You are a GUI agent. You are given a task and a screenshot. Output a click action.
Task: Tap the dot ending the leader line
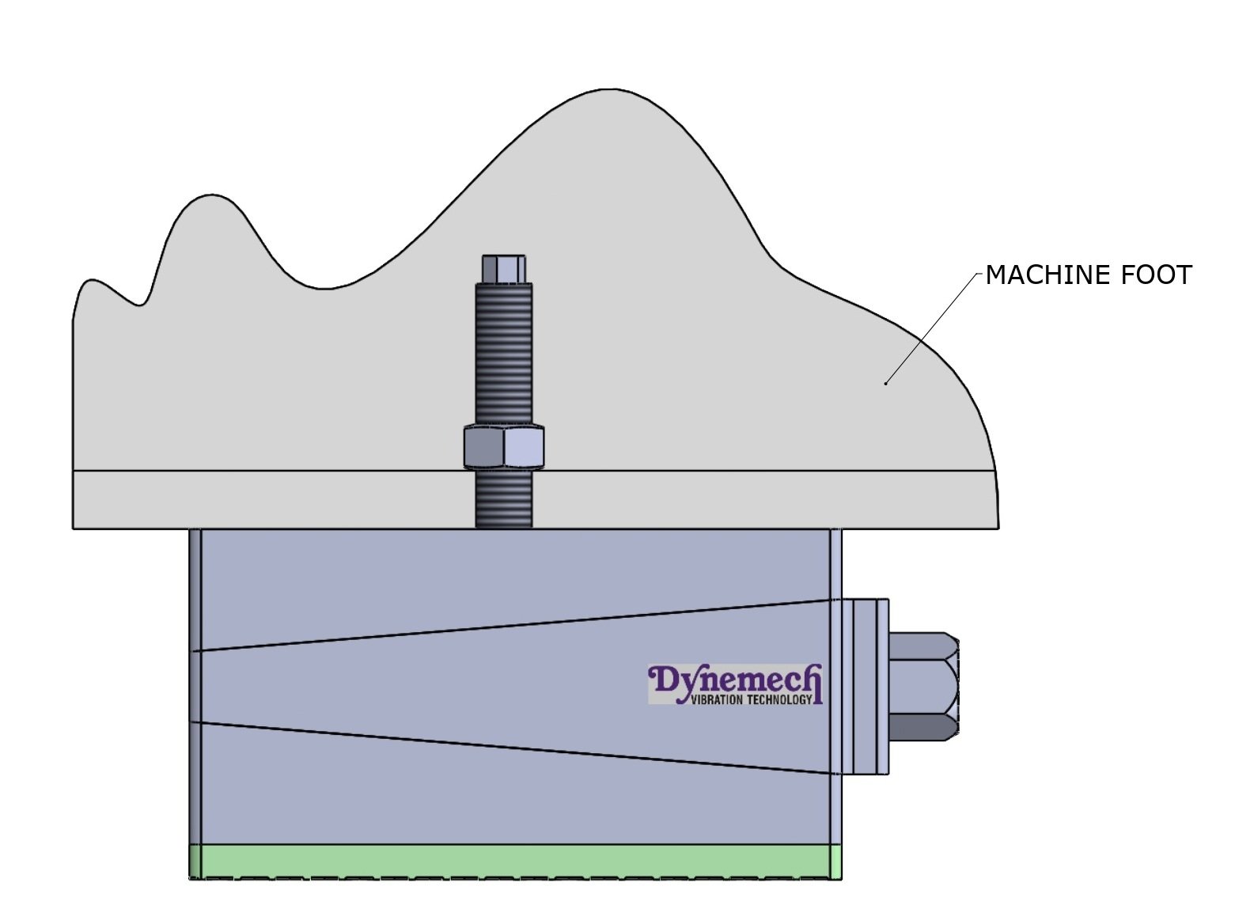[886, 384]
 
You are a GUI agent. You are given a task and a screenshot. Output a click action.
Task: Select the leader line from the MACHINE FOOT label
[934, 328]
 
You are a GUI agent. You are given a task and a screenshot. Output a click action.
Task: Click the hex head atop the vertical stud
[503, 269]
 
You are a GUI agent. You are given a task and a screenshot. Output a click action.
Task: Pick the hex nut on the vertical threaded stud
[503, 447]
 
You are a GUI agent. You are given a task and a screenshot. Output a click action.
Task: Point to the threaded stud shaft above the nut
[503, 356]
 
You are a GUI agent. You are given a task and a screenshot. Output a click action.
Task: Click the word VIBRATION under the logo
[717, 699]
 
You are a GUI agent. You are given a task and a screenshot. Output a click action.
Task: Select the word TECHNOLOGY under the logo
[779, 699]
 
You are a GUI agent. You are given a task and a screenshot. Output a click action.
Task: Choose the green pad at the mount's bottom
[514, 862]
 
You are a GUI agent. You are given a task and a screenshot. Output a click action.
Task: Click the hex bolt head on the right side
[924, 686]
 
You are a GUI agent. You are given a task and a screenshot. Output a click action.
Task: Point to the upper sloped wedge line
[514, 625]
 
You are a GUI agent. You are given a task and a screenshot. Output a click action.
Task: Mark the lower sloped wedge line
[514, 747]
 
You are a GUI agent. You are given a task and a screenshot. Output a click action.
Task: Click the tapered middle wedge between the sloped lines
[475, 686]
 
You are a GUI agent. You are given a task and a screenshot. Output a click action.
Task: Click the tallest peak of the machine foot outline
[609, 90]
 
